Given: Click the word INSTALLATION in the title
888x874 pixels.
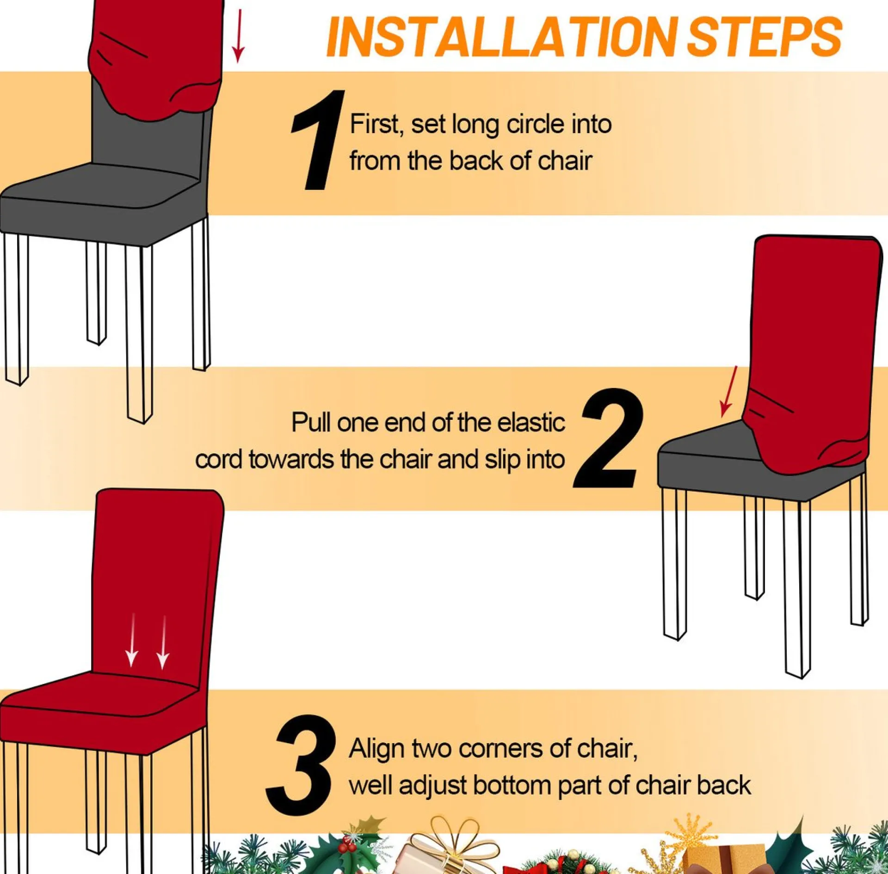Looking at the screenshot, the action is pos(505,37).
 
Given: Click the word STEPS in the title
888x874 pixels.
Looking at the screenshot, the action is pos(765,37).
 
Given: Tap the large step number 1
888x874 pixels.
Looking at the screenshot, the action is pos(318,140).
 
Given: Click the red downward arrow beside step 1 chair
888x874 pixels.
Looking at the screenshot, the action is pos(238,36).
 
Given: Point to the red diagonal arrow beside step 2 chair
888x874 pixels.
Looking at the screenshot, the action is pos(728,392).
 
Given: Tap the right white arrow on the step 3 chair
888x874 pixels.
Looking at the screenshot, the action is pos(163,642).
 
